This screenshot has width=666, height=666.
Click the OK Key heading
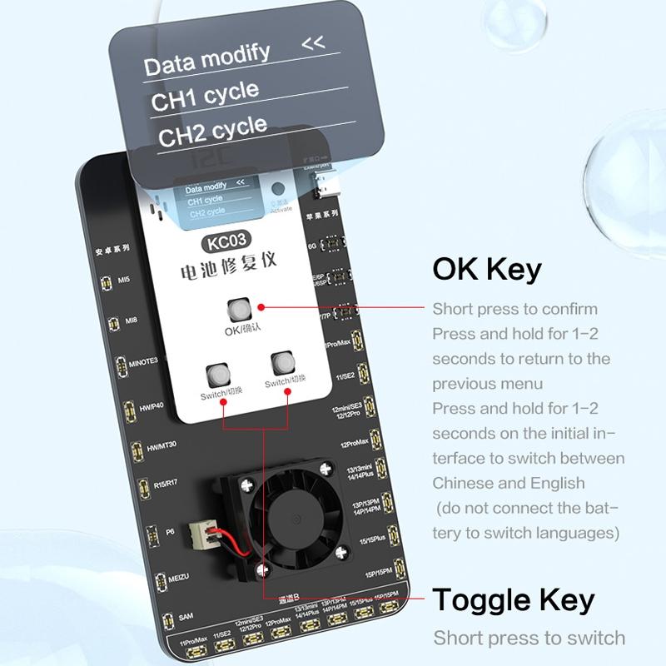(487, 270)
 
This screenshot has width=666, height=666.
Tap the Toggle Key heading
(514, 599)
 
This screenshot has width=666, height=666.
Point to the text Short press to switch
(529, 639)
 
